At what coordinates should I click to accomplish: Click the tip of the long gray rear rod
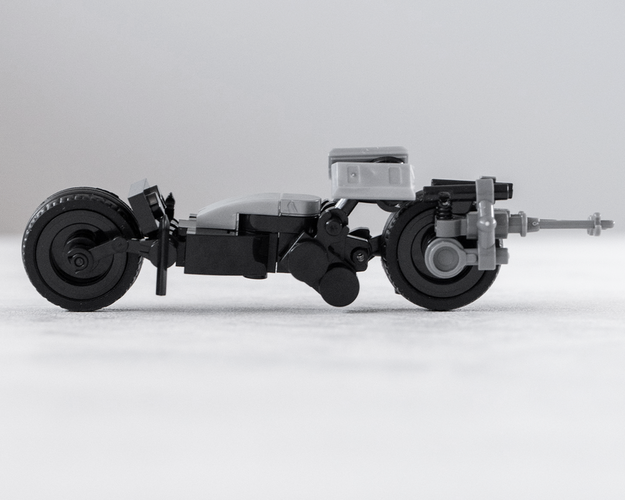[609, 223]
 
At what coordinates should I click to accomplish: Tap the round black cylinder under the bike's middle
[339, 286]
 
